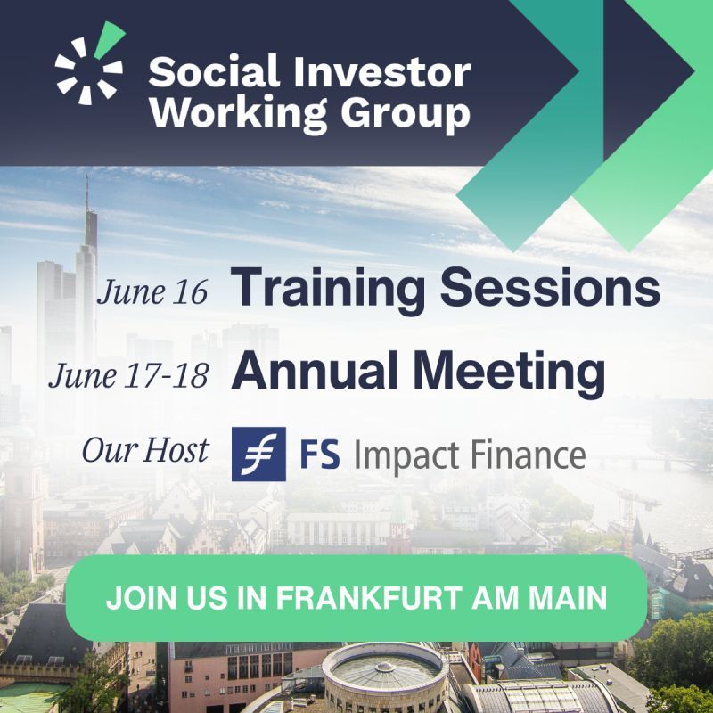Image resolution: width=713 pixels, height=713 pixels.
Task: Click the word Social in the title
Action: (x=213, y=71)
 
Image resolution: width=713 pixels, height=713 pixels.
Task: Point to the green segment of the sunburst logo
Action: (x=109, y=39)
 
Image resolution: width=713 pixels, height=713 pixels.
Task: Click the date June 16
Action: (x=152, y=292)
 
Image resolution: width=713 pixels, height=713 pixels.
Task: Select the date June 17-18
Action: (x=128, y=376)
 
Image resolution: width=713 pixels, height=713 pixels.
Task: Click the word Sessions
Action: (x=550, y=287)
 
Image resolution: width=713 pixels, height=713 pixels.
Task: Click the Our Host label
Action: (x=145, y=450)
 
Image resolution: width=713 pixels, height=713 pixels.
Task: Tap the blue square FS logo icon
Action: (x=258, y=454)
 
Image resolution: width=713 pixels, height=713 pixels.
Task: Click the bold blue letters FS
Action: (x=320, y=455)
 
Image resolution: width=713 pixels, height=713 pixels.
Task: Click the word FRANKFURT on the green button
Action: (x=369, y=597)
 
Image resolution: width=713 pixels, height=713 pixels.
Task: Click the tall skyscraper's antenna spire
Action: (x=86, y=193)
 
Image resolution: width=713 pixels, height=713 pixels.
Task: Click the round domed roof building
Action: (x=385, y=674)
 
